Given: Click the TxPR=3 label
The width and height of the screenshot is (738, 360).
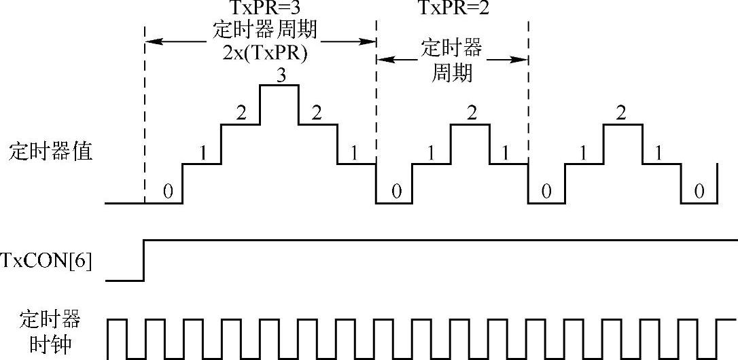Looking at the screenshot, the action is pos(259,10).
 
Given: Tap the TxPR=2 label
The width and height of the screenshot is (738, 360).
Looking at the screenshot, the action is pos(453,10).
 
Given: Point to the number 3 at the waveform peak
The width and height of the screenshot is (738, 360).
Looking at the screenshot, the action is pos(279,76).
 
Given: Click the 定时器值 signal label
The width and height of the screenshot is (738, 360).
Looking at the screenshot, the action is pos(50,151).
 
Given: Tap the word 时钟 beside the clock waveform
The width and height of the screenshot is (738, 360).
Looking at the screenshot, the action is pos(50,345).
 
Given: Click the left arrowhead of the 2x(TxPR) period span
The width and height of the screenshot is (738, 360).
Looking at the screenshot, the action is pos(150,41).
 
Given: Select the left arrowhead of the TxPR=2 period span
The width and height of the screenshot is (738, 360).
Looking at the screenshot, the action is pos(381,59).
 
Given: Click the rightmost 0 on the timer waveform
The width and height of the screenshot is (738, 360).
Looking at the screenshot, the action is pos(699,193).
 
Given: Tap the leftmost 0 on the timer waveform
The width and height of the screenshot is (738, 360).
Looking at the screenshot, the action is pos(168,193).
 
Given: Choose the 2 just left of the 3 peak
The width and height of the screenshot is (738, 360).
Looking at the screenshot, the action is pos(240,114).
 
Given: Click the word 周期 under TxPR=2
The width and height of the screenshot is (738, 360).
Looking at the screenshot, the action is pos(452,72).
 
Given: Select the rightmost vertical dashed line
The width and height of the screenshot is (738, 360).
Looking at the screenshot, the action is pos(528,102).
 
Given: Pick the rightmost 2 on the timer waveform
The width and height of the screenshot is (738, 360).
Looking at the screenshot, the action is pos(620,114).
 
